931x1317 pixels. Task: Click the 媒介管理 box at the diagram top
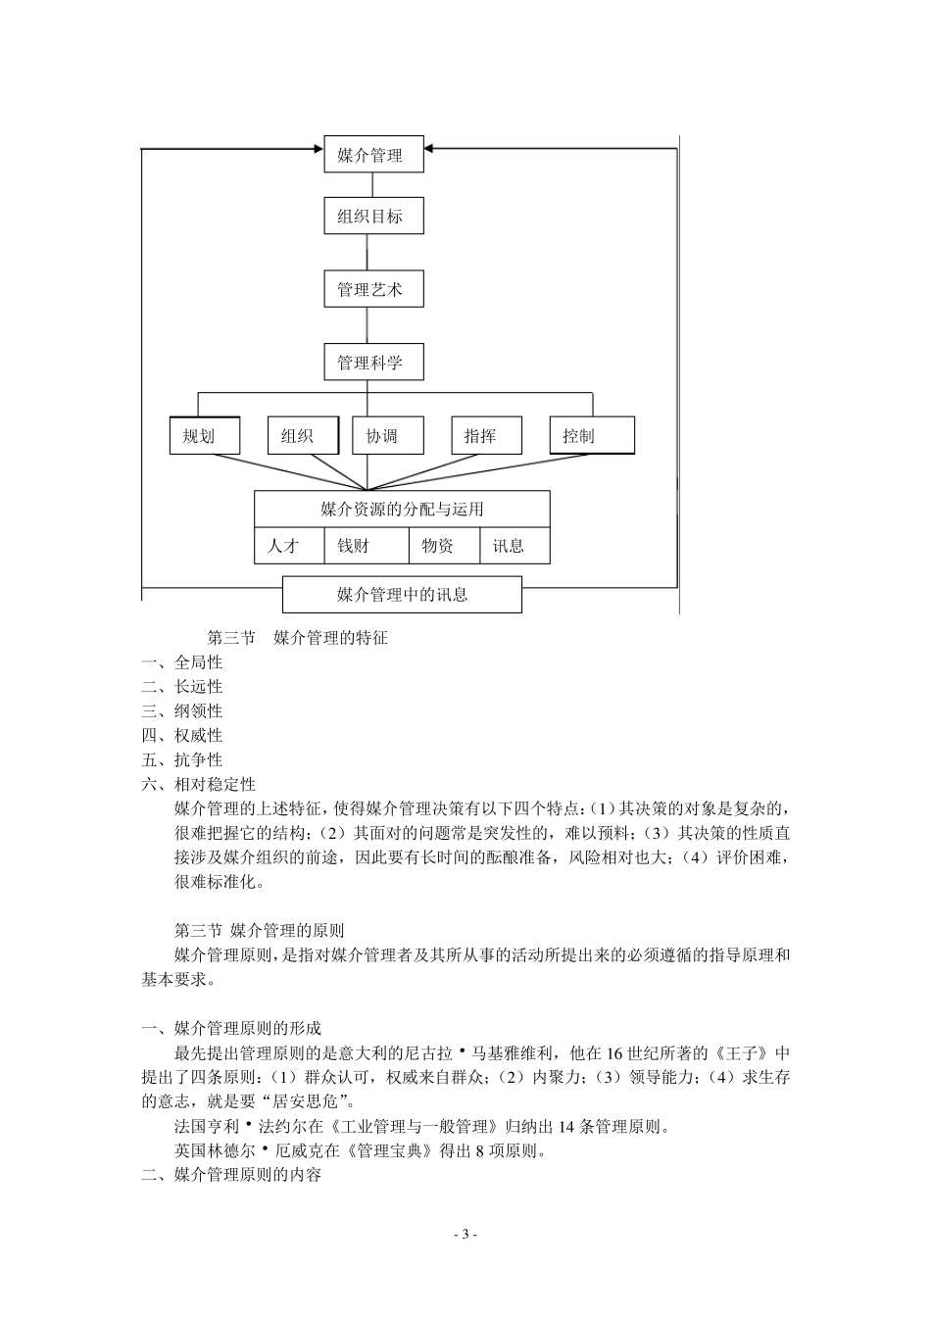tap(373, 155)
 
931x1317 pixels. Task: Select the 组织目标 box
tap(373, 217)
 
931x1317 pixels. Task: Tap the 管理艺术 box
tap(373, 290)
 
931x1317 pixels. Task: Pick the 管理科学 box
tap(373, 363)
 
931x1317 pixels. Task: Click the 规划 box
tap(204, 436)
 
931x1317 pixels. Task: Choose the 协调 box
tap(387, 436)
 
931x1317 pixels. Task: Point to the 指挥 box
tap(486, 436)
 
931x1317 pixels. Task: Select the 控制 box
tap(592, 436)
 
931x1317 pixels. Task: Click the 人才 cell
tap(289, 546)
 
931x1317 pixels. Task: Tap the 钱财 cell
tap(365, 546)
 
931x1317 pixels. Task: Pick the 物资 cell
tap(443, 546)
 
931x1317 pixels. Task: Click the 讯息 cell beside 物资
tap(514, 546)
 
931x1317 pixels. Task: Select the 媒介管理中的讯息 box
tap(402, 595)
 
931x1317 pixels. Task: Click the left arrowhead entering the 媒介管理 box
tap(318, 149)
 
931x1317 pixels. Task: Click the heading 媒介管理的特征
tap(330, 638)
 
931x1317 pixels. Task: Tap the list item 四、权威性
tap(182, 735)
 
